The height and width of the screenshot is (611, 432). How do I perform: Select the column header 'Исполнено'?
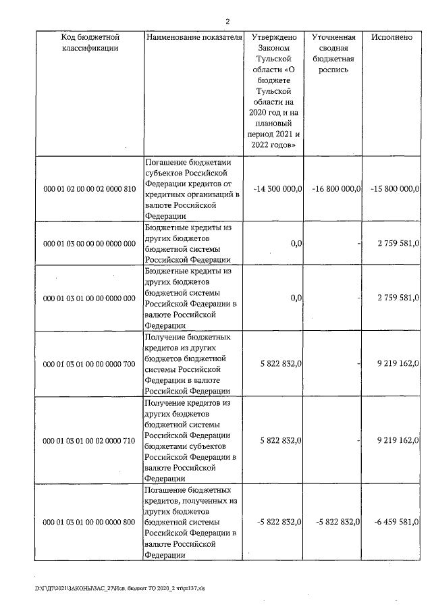coord(391,38)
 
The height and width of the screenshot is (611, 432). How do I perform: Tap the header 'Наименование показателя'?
coord(194,38)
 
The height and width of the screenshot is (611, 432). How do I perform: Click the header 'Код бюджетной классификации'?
coord(90,43)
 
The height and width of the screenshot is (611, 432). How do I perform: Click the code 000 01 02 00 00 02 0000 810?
coord(90,188)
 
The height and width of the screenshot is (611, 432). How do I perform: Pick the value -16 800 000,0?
coord(337,188)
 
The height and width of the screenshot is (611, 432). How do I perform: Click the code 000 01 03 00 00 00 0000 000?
coord(90,243)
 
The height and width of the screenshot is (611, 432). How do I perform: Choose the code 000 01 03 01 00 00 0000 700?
coord(90,364)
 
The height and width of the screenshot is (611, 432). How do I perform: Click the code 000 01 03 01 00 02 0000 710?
coord(90,441)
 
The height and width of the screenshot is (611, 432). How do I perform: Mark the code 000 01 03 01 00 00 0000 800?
coord(90,522)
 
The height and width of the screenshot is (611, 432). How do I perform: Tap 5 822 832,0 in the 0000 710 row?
coord(280,441)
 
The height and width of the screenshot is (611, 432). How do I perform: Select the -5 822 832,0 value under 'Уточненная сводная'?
coord(337,522)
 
